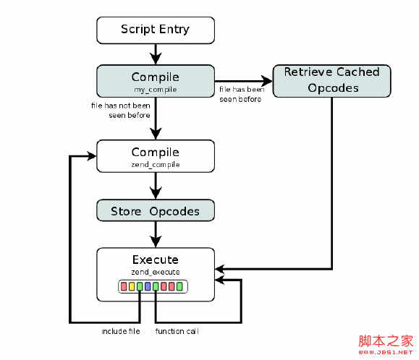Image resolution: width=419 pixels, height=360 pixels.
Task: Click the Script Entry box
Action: tap(155, 30)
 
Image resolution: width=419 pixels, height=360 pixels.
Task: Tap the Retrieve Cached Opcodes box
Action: tap(331, 80)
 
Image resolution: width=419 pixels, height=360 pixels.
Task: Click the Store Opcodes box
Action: tap(155, 211)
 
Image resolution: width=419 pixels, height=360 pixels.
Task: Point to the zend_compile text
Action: tap(155, 165)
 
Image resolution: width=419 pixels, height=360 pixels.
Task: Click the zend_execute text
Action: tap(155, 271)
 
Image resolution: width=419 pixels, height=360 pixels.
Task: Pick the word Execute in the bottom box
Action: tap(155, 260)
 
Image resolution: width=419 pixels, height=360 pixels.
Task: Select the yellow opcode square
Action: tap(132, 287)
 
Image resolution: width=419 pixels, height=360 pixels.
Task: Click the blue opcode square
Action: tap(148, 287)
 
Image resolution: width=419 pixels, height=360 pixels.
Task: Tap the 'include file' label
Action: tap(119, 331)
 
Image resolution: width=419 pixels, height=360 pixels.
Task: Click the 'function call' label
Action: tap(177, 331)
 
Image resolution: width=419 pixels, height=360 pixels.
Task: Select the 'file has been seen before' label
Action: tap(241, 94)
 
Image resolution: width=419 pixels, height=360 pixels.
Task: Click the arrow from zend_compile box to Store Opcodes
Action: tap(155, 186)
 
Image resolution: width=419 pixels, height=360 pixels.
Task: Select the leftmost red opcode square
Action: tap(124, 287)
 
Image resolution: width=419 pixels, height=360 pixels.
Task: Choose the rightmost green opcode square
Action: tap(179, 287)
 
